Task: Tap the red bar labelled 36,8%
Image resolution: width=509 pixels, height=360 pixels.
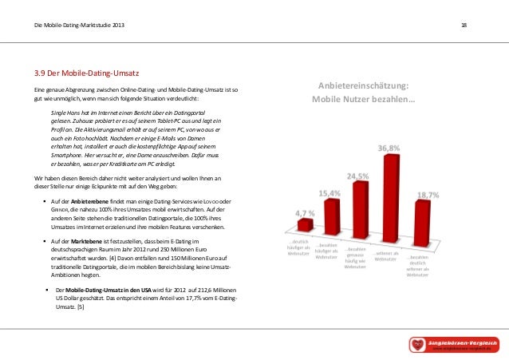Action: click(x=390, y=200)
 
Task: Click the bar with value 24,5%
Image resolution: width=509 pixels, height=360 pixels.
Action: click(x=360, y=209)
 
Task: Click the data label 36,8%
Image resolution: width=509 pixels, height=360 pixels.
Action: click(x=389, y=148)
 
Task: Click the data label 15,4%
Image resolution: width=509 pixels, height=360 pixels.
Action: click(x=330, y=193)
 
